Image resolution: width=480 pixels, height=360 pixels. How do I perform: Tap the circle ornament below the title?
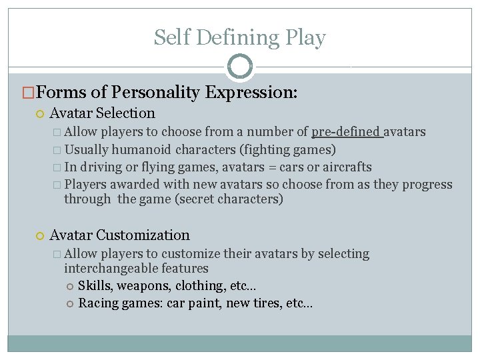[x=240, y=67]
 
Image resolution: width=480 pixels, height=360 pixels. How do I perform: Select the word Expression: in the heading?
[x=251, y=92]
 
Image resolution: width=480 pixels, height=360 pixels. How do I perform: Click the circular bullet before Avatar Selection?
[x=41, y=114]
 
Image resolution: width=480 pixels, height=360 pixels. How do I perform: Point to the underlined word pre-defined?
[x=347, y=132]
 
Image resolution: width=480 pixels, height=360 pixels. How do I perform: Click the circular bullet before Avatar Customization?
[x=41, y=235]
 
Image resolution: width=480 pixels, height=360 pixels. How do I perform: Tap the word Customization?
[x=143, y=235]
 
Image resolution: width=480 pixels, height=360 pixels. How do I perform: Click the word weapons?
[x=143, y=286]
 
